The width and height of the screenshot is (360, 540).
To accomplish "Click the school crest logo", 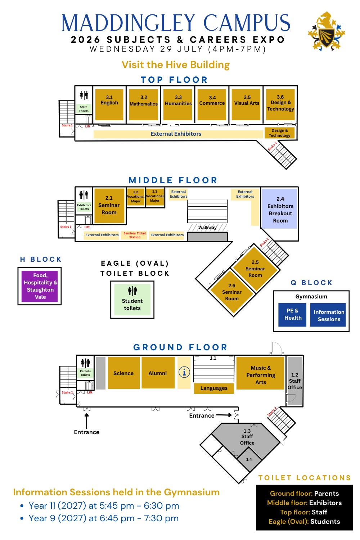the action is [x=326, y=31].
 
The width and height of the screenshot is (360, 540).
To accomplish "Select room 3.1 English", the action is [x=109, y=105].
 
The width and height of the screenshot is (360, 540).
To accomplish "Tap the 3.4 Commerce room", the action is [x=212, y=105].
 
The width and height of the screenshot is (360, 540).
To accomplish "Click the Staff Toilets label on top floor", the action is [x=84, y=109].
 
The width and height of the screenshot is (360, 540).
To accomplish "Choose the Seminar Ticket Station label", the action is [x=135, y=235].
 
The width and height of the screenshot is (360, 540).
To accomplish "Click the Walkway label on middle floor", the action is [x=207, y=227].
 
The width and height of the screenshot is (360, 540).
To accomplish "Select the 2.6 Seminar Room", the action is [x=232, y=292].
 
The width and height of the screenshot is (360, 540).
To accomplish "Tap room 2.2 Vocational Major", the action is [x=136, y=197].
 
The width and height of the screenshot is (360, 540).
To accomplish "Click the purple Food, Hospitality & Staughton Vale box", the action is [x=40, y=286].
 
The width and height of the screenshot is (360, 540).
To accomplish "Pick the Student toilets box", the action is [x=132, y=300].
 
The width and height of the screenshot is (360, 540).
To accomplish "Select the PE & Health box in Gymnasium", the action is [x=292, y=315].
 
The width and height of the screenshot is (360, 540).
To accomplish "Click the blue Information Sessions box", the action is [x=328, y=315].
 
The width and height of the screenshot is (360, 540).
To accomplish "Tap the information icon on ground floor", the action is [x=184, y=373].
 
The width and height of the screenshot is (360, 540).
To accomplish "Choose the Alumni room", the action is [x=158, y=373].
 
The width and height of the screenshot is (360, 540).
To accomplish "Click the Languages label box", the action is [x=214, y=388].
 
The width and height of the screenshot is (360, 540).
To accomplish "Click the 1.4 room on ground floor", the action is [x=249, y=459].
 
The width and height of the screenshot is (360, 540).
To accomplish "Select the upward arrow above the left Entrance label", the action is [x=86, y=421].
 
